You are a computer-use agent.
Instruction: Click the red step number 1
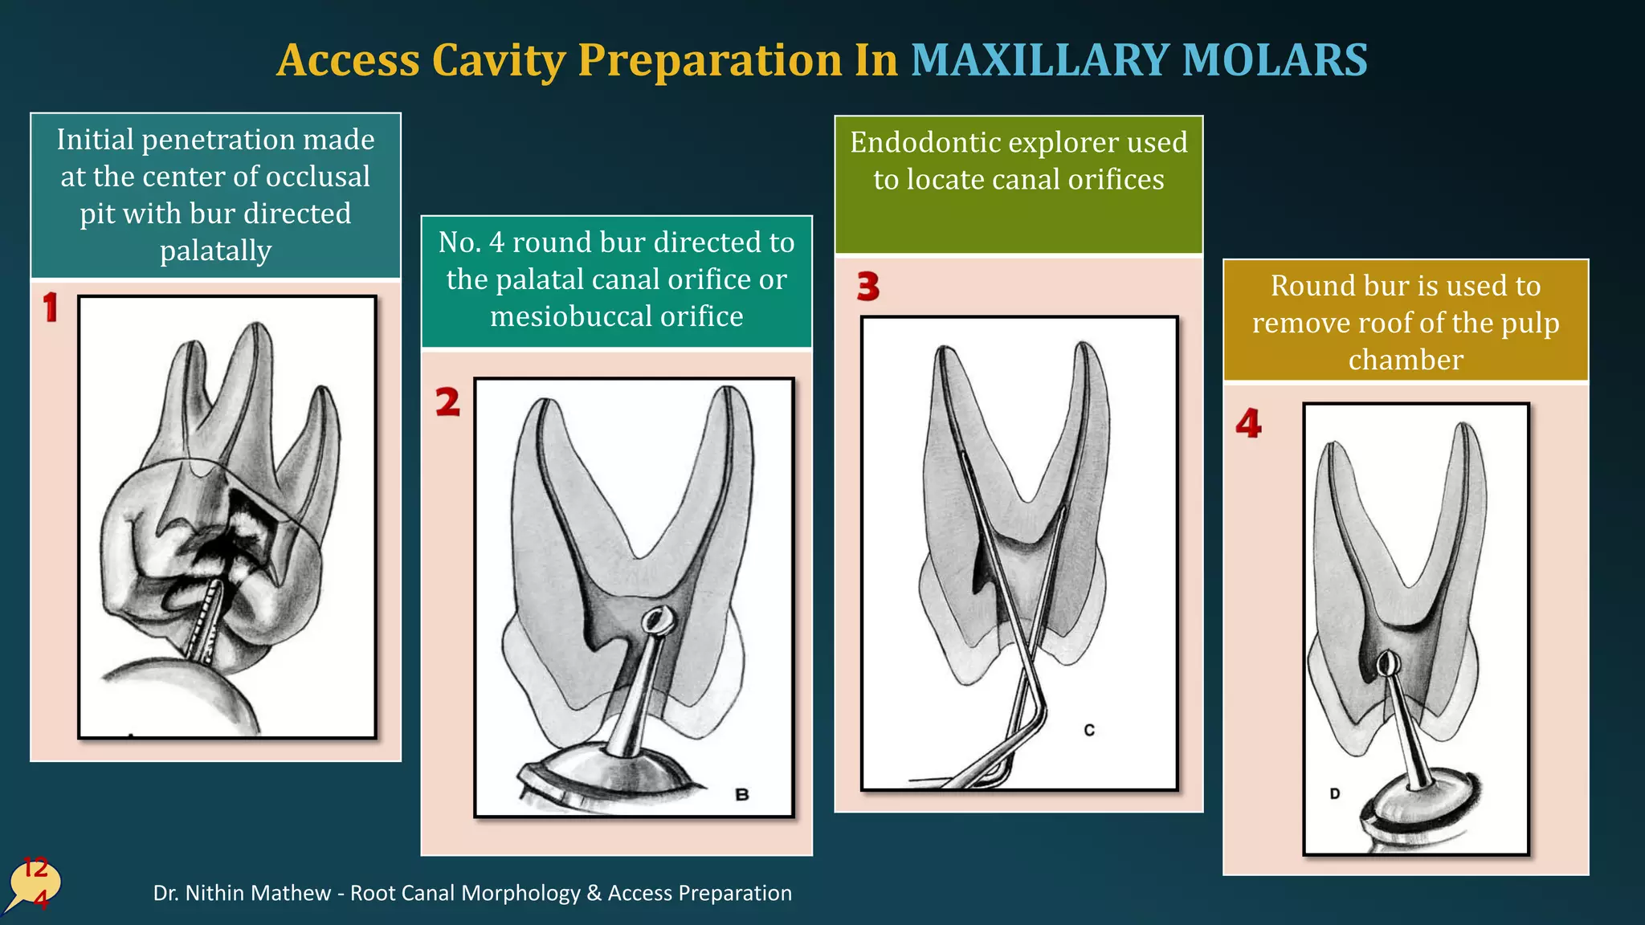click(51, 308)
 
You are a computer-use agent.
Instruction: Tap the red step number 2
click(447, 401)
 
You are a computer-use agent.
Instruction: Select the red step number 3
click(867, 286)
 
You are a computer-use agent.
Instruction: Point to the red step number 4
click(1248, 423)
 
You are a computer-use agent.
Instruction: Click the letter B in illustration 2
click(742, 794)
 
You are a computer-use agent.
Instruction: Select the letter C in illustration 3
click(1089, 730)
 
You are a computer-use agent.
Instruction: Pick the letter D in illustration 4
click(1334, 793)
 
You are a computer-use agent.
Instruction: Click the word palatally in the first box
click(215, 251)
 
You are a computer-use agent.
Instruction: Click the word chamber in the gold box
click(1406, 360)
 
